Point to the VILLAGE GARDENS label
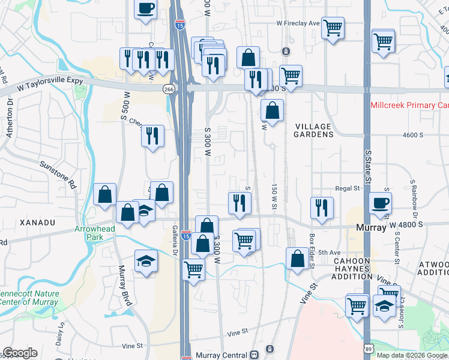tap(314, 130)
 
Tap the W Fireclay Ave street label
tap(298, 23)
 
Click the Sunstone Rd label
tap(59, 173)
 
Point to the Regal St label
tap(347, 188)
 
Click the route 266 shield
tap(169, 89)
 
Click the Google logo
tap(20, 353)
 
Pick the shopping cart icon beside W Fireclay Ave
tap(333, 28)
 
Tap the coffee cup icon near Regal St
tap(379, 203)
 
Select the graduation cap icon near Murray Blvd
tap(146, 261)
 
